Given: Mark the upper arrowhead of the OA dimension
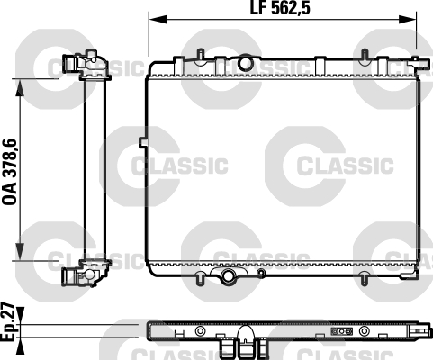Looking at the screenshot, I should click(x=21, y=84).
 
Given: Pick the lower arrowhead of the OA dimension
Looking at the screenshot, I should click(x=21, y=254).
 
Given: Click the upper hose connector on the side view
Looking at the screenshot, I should click(x=72, y=65).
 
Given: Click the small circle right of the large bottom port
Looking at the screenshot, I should click(x=262, y=274).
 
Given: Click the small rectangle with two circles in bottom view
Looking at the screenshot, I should click(x=338, y=330).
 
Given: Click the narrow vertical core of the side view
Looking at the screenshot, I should click(x=94, y=168).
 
